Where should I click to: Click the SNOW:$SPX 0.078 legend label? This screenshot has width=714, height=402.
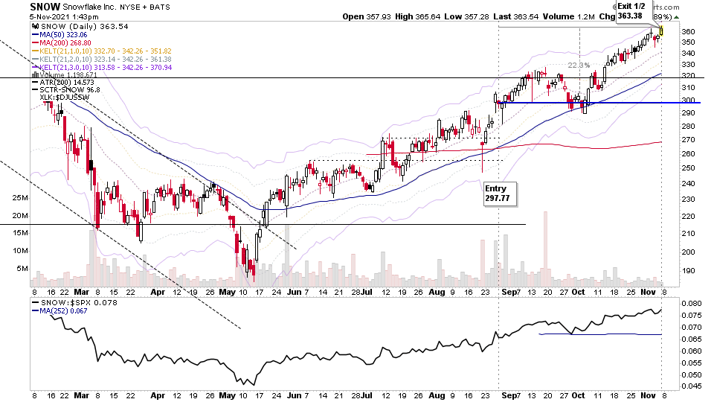click(68, 303)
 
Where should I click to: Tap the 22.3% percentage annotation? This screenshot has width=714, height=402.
click(578, 66)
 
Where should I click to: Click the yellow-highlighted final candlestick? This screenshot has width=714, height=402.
click(662, 31)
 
